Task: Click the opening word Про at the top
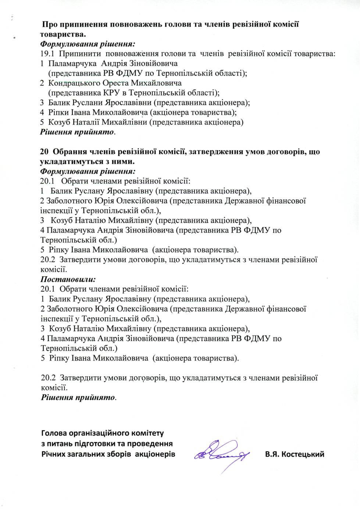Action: point(50,25)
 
